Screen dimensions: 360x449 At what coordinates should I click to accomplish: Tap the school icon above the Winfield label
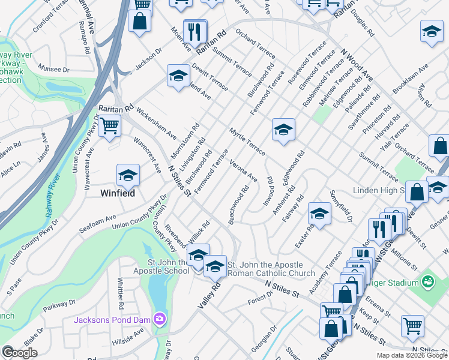(128, 175)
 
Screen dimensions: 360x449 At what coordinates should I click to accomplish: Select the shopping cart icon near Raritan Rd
(109, 126)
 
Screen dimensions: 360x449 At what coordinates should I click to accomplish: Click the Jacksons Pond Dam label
(112, 319)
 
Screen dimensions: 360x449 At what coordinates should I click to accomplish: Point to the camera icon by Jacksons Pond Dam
(160, 319)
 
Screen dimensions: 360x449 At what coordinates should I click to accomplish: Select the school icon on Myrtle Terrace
(283, 129)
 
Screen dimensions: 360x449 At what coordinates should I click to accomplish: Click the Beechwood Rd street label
(238, 206)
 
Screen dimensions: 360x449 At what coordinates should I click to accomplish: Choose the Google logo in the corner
(19, 353)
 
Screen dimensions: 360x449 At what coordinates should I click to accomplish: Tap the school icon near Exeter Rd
(320, 214)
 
